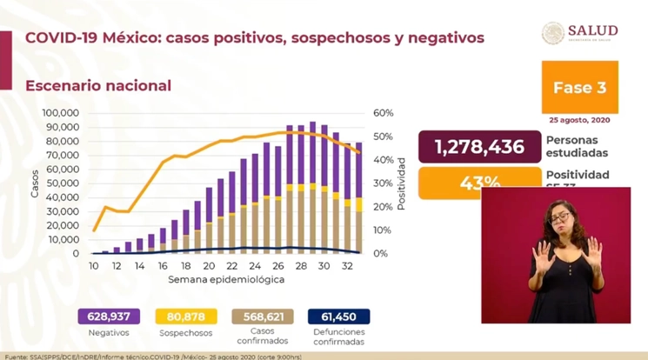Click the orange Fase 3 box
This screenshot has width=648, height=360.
[579, 87]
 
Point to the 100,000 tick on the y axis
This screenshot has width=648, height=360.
[61, 113]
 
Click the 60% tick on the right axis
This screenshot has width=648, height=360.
[382, 113]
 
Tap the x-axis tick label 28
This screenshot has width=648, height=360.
[299, 266]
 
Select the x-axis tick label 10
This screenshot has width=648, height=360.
[94, 266]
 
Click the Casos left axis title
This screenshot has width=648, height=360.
[35, 183]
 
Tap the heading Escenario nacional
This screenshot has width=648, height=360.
[97, 85]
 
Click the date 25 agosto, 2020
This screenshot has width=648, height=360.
[579, 119]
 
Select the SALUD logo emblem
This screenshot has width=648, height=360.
[552, 32]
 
